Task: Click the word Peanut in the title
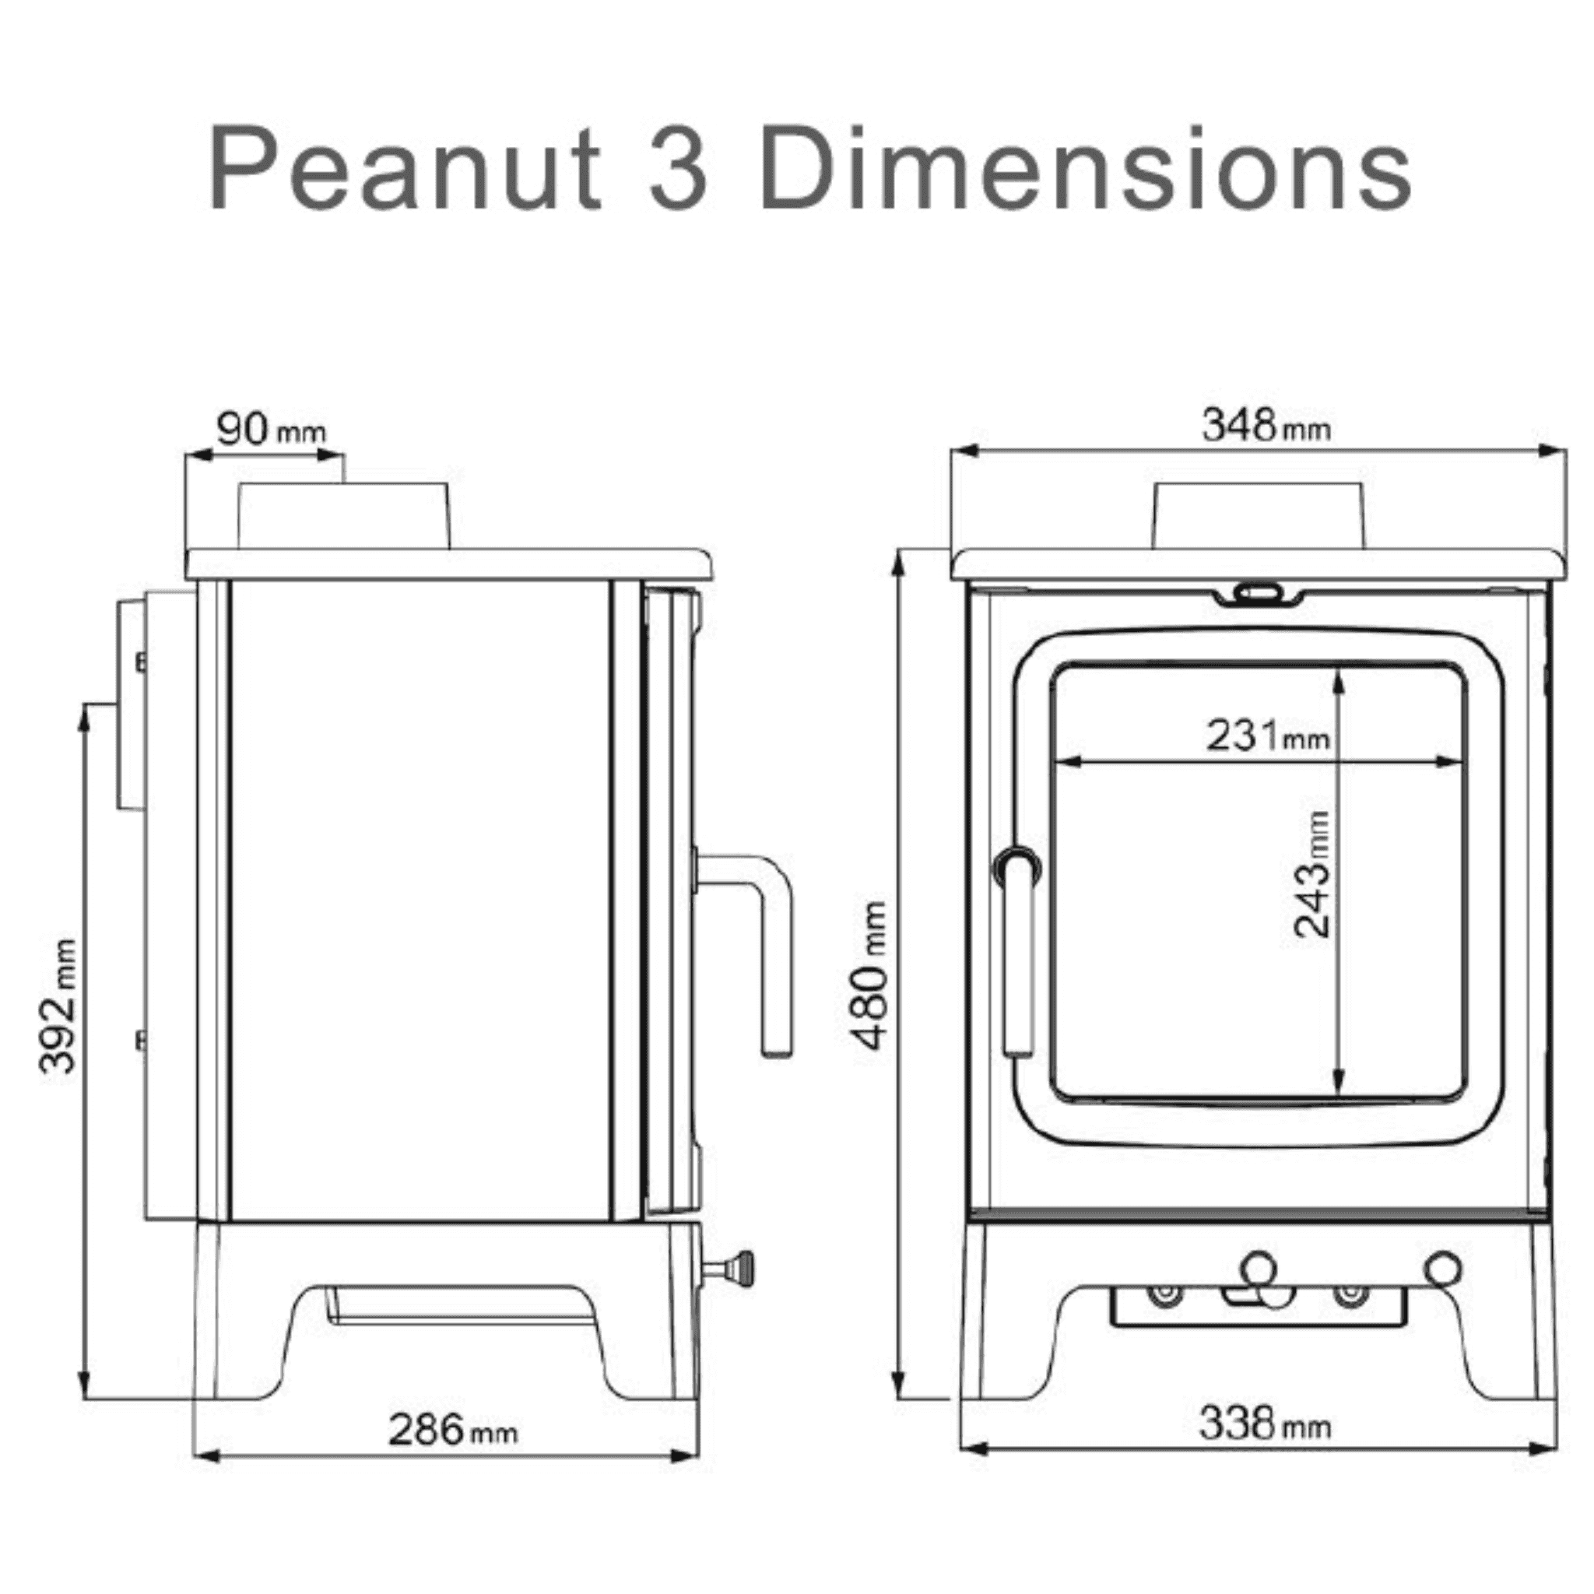pos(404,169)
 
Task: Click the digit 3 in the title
pos(678,169)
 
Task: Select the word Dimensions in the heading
pos(1086,169)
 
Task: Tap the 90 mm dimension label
pos(271,429)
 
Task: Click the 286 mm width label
pos(452,1430)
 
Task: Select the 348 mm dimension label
pos(1265,427)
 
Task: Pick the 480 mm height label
pos(871,976)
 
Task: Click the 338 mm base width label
pos(1264,1425)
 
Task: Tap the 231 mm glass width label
pos(1266,735)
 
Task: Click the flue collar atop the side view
pos(343,517)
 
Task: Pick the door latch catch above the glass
pos(1258,593)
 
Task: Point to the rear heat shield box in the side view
pos(132,704)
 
